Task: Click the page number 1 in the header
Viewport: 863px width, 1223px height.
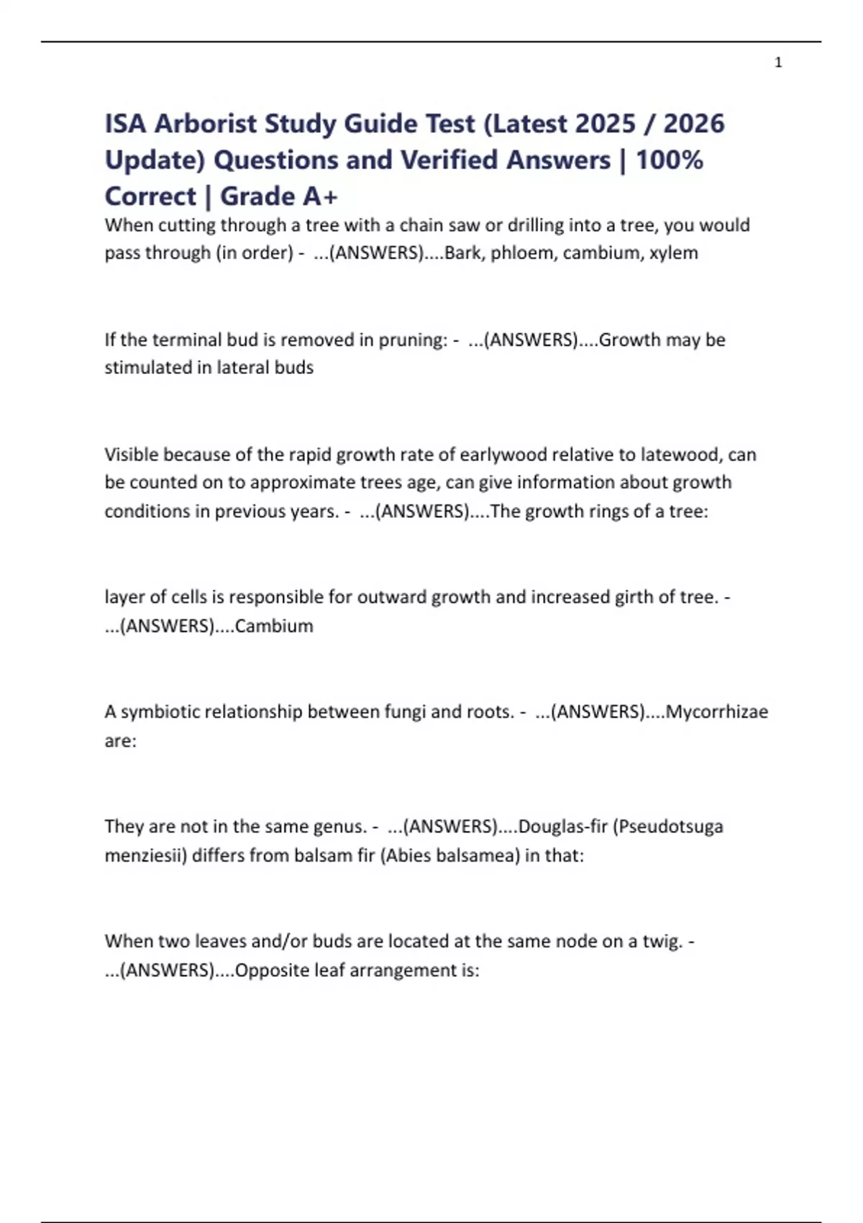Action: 778,63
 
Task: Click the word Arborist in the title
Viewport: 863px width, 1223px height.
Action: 206,124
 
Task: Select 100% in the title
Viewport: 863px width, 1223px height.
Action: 669,160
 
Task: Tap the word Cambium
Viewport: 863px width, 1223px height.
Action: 274,626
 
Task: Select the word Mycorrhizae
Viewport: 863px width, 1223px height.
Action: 716,711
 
